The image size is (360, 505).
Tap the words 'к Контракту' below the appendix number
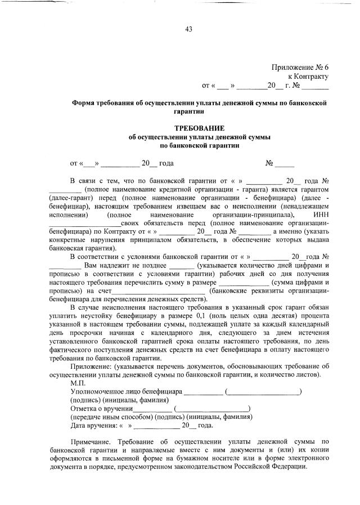(x=308, y=76)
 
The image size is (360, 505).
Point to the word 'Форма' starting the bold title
(x=83, y=103)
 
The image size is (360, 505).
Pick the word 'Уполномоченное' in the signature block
(x=96, y=391)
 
